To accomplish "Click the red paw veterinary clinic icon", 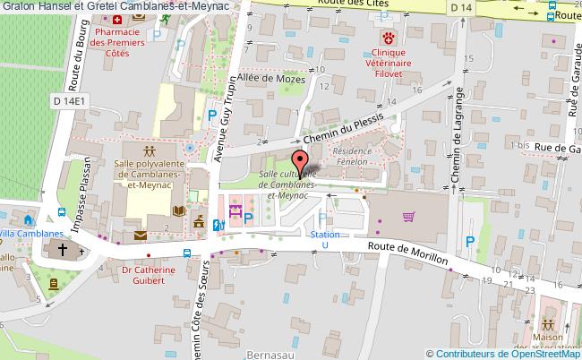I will (388, 38).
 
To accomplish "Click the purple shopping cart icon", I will (409, 216).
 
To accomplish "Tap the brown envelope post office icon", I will (141, 235).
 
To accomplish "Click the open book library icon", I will (178, 210).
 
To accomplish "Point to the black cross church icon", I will (64, 251).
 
